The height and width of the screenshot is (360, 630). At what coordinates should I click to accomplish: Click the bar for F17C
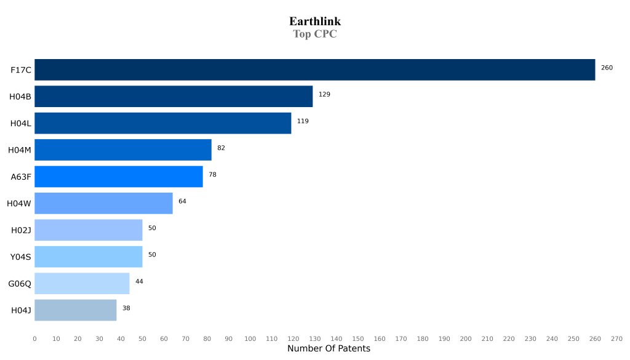[x=314, y=70]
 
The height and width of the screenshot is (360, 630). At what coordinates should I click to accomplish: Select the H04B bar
[x=173, y=97]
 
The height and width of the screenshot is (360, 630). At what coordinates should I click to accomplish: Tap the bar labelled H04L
[x=162, y=123]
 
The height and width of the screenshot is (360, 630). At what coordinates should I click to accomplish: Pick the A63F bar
[x=118, y=177]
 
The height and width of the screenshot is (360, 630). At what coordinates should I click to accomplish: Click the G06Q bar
[x=82, y=283]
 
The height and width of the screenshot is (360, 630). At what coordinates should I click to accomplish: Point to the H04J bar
[x=75, y=310]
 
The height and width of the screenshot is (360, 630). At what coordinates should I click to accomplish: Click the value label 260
[x=607, y=68]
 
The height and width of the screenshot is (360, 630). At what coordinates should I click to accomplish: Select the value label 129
[x=324, y=94]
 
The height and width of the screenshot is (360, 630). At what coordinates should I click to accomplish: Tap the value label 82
[x=221, y=148]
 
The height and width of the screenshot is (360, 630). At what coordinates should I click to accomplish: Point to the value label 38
[x=126, y=308]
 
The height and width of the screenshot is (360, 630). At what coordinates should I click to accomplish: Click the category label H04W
[x=19, y=203]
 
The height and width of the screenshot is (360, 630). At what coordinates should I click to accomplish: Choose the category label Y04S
[x=20, y=257]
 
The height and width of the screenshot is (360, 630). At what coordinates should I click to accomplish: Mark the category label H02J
[x=21, y=230]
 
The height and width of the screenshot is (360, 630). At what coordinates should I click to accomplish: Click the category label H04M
[x=20, y=150]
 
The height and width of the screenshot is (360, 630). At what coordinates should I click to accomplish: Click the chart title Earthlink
[x=315, y=22]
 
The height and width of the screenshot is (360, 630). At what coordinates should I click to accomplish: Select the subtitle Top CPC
[x=315, y=34]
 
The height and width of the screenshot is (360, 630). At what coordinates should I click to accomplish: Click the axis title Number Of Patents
[x=329, y=349]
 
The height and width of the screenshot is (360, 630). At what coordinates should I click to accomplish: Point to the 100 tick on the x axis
[x=250, y=338]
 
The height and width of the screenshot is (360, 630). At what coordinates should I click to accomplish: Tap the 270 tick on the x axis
[x=616, y=338]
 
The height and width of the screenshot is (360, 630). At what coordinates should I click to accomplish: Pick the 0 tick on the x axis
[x=34, y=338]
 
